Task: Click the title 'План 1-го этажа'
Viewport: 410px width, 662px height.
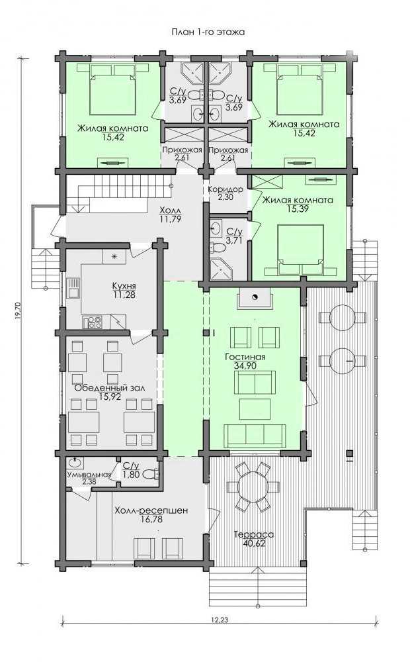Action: pyautogui.click(x=208, y=32)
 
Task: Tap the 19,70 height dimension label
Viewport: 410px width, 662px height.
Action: pyautogui.click(x=17, y=311)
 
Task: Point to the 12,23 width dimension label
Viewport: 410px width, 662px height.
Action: pyautogui.click(x=220, y=620)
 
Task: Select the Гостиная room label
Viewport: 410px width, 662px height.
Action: pyautogui.click(x=245, y=357)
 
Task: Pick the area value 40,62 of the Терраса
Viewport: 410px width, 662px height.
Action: pyautogui.click(x=254, y=544)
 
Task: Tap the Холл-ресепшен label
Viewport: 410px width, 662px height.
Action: pyautogui.click(x=151, y=510)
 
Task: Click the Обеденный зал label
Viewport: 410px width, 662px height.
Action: pyautogui.click(x=110, y=387)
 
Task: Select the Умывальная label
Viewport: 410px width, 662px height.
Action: pyautogui.click(x=89, y=475)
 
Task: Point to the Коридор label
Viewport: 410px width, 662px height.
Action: pyautogui.click(x=225, y=189)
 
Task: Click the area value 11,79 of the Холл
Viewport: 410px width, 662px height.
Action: pyautogui.click(x=171, y=218)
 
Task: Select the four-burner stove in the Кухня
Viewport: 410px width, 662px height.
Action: pyautogui.click(x=94, y=322)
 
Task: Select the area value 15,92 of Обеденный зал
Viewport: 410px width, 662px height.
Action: pyautogui.click(x=110, y=397)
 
